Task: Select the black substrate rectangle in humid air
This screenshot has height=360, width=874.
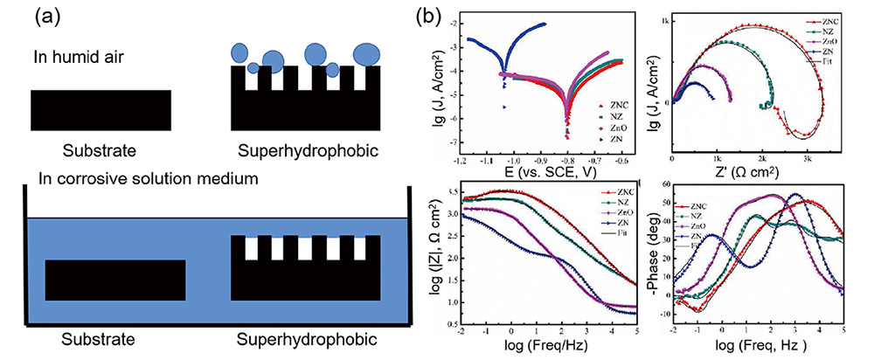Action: [x=101, y=109]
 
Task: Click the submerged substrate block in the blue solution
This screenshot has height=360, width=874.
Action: [x=114, y=281]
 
